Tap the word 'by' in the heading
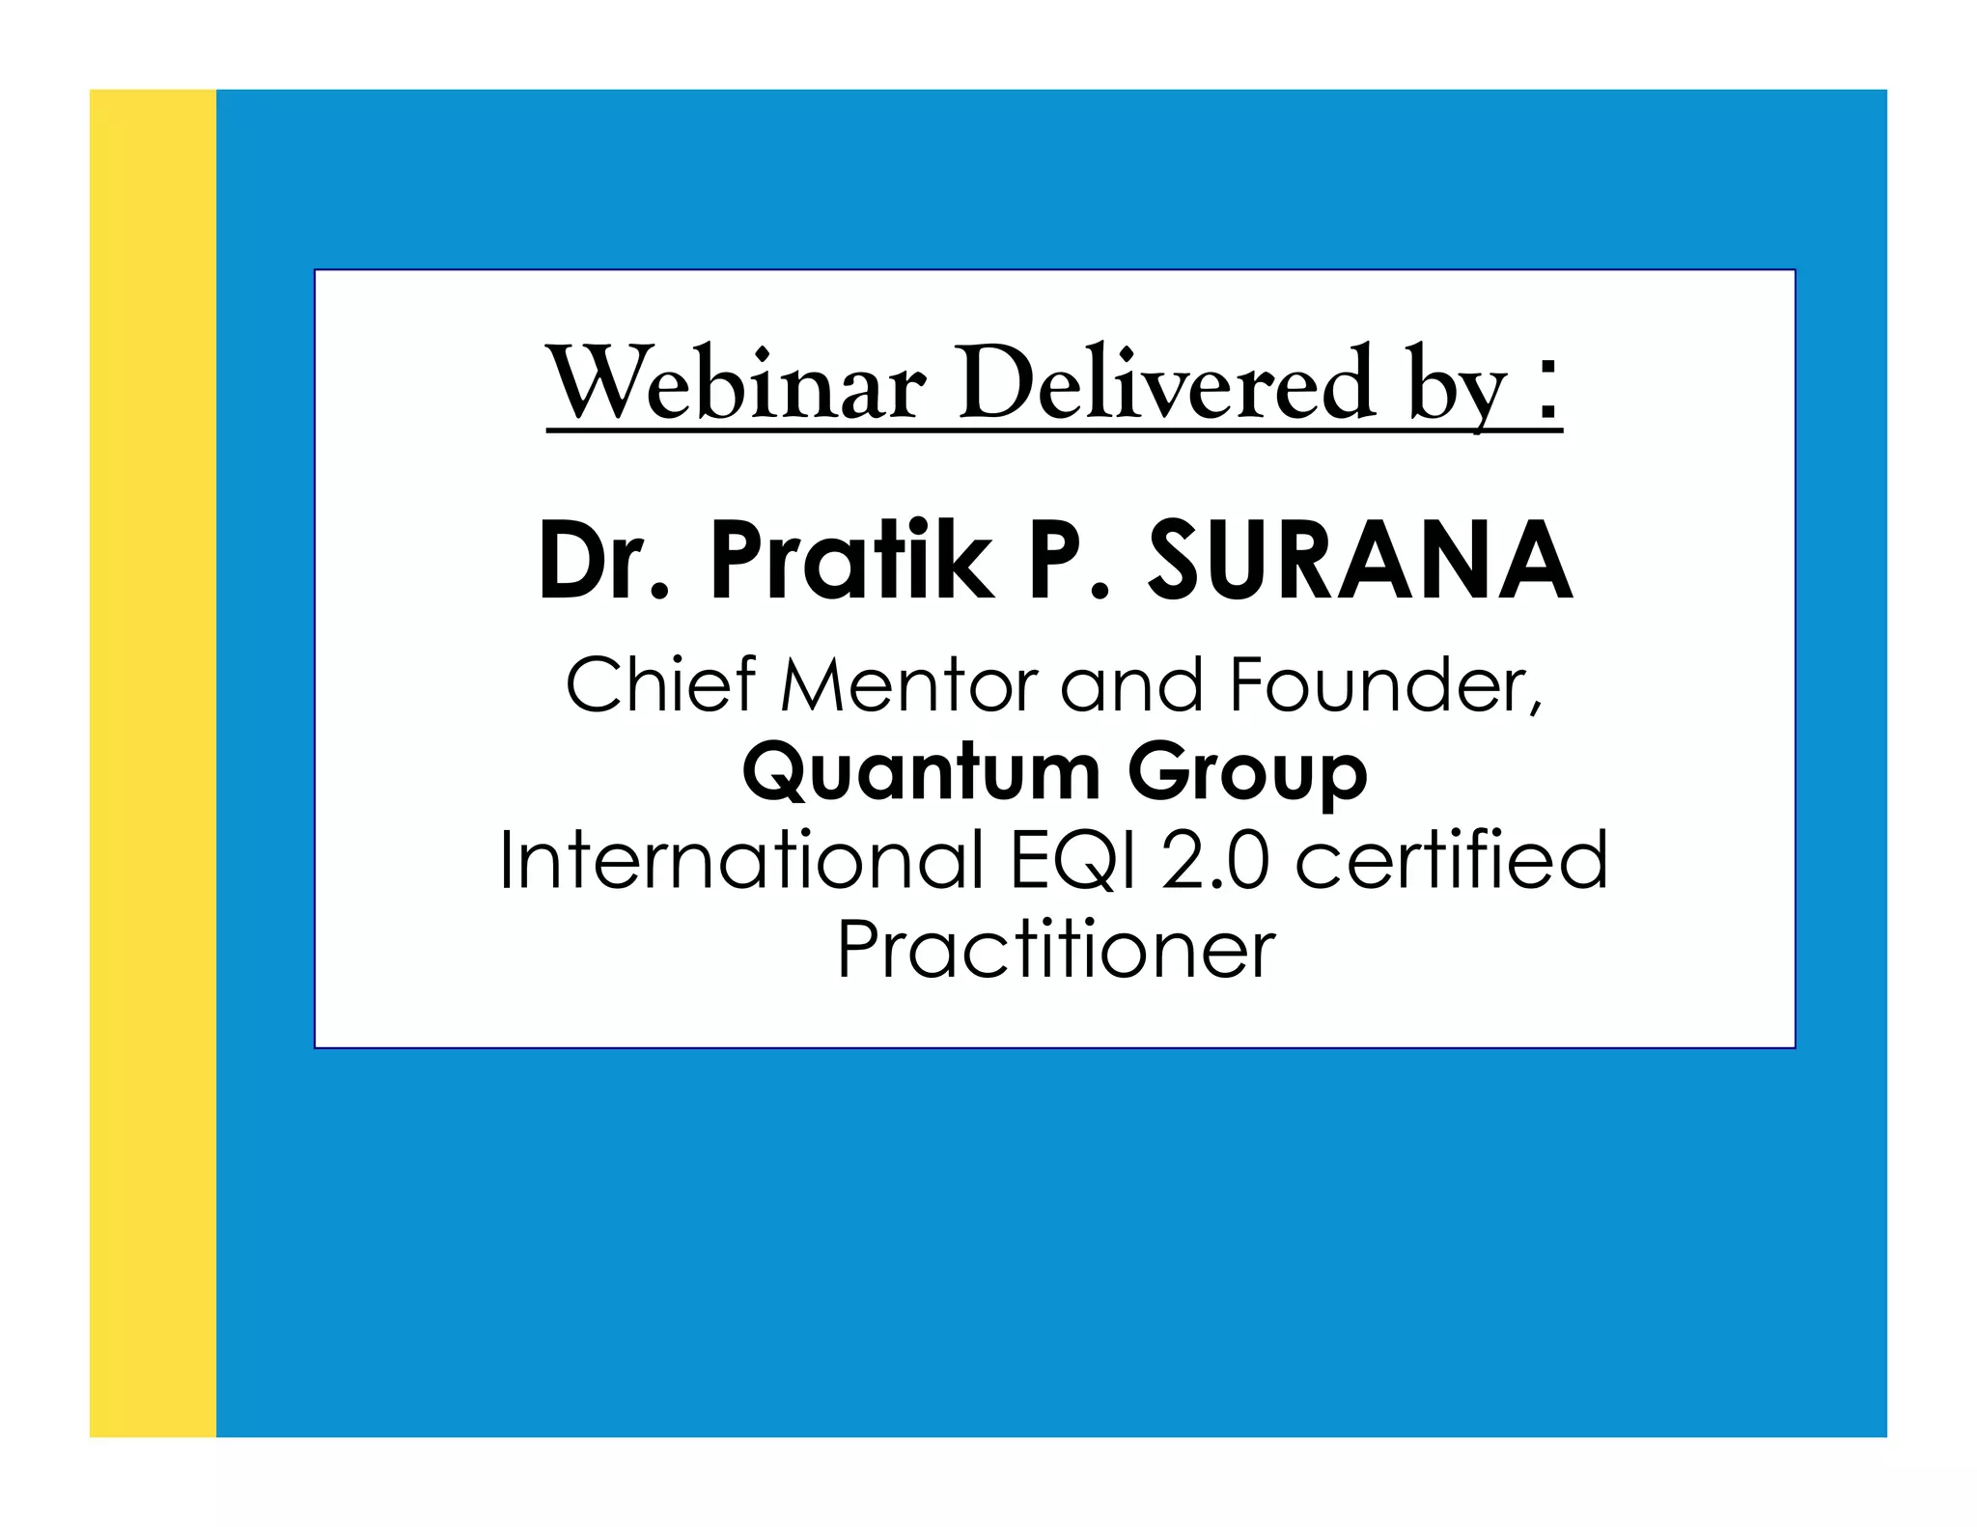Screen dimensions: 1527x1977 (1458, 391)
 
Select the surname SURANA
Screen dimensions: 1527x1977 (1360, 562)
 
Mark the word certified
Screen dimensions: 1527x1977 (1451, 860)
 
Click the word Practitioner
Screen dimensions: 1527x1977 (1056, 950)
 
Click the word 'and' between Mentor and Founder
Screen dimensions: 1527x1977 (1131, 684)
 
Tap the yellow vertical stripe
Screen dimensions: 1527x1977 (153, 763)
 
